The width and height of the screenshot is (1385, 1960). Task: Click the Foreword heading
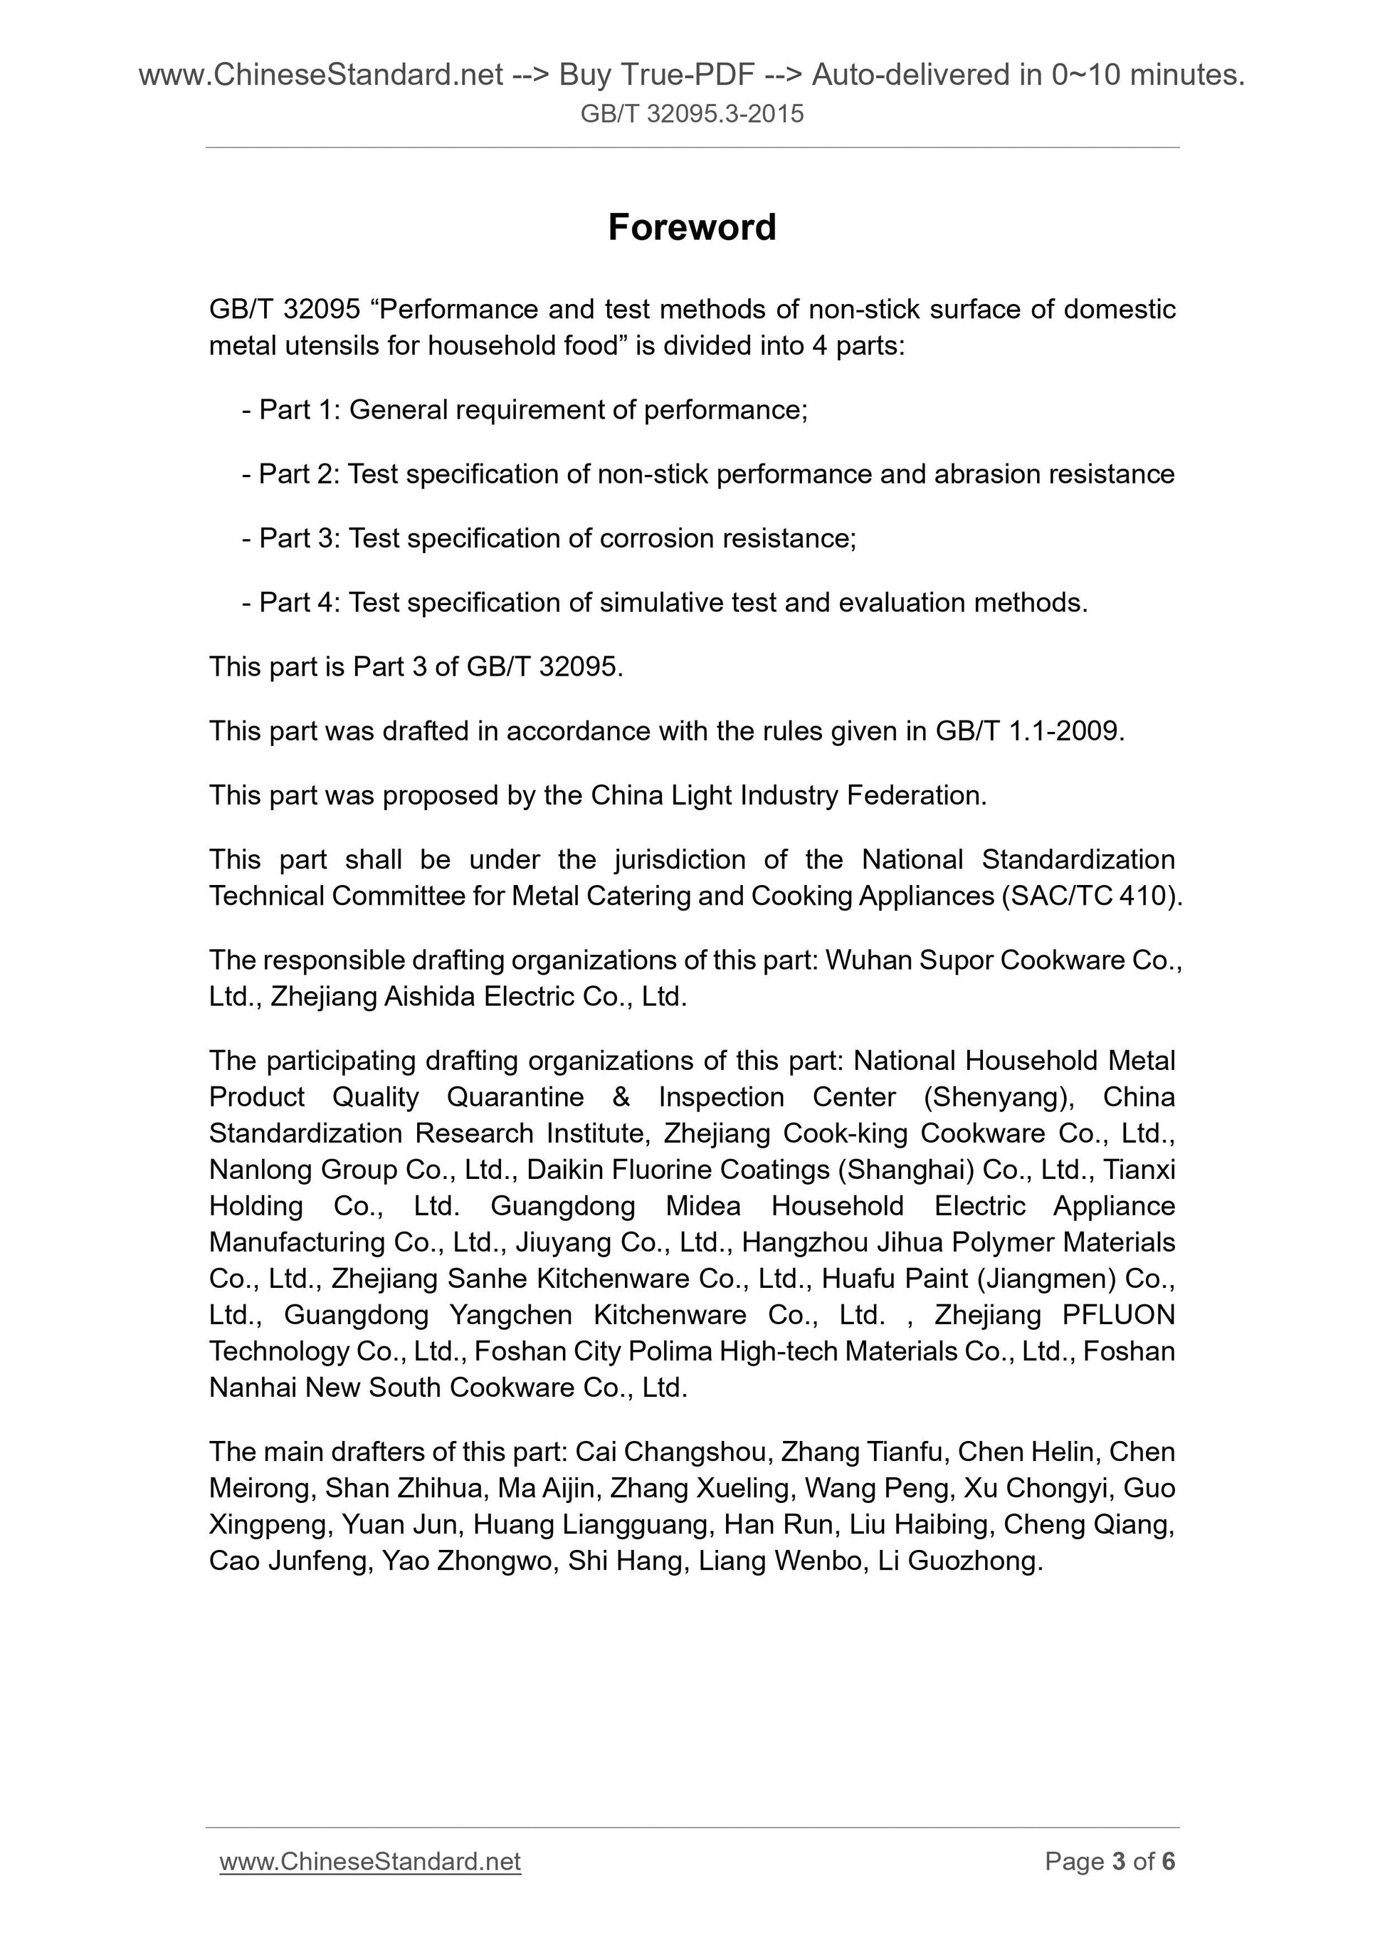(x=691, y=227)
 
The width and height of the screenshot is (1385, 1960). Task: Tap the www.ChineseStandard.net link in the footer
(x=370, y=1861)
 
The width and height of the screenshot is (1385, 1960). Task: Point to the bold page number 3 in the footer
(x=1120, y=1861)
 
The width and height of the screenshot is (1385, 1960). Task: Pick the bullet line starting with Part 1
(x=525, y=410)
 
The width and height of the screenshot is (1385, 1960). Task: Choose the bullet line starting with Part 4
(x=665, y=603)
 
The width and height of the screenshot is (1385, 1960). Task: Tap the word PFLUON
(x=1118, y=1315)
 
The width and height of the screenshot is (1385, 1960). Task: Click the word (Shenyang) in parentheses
(x=999, y=1096)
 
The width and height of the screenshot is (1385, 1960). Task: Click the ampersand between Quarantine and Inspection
(x=621, y=1096)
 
